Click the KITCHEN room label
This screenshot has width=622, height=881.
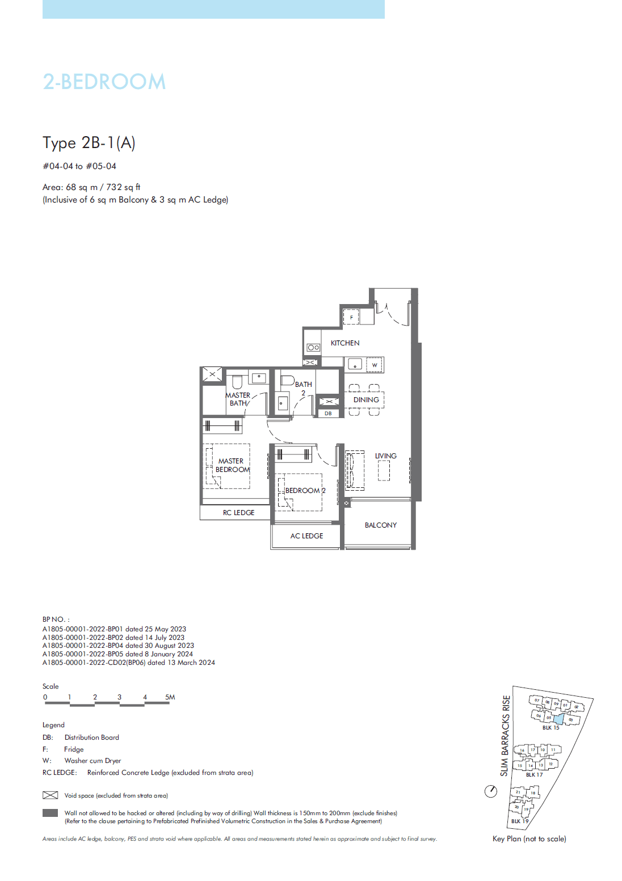[344, 343]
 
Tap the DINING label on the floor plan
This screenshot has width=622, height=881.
[366, 400]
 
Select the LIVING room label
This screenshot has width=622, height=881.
[385, 456]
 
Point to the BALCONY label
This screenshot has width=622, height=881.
[381, 525]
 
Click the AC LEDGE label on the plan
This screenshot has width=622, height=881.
[306, 536]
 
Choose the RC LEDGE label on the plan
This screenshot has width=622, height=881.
[238, 513]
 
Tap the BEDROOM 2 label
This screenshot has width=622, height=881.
[305, 491]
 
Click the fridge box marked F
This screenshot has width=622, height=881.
[351, 317]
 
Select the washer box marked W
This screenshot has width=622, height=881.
[375, 365]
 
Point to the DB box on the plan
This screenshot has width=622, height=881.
[328, 414]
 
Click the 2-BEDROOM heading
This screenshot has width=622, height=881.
[104, 82]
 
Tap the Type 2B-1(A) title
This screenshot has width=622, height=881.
[89, 143]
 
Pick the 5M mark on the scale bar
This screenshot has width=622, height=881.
[170, 697]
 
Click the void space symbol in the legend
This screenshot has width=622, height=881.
[51, 795]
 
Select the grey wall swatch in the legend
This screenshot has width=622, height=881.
[51, 813]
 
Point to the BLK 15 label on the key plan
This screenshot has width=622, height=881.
[550, 728]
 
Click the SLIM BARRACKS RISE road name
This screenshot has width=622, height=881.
[505, 735]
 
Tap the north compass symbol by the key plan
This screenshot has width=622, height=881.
[491, 791]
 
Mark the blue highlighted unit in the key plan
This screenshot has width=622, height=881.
[558, 719]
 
